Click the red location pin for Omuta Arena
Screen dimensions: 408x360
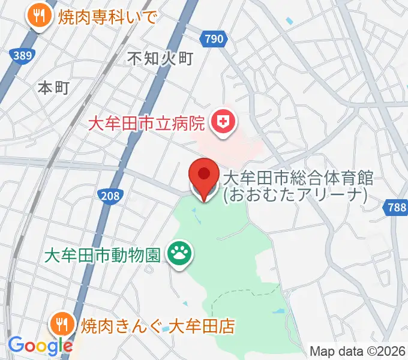(203, 175)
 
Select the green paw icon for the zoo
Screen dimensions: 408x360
(178, 254)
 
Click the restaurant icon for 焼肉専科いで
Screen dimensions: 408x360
(40, 16)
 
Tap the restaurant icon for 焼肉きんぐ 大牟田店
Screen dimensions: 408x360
(61, 325)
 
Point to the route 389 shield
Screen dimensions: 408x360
(22, 55)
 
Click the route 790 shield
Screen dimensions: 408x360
(215, 39)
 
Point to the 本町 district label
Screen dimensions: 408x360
(54, 88)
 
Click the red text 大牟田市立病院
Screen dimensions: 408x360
(147, 124)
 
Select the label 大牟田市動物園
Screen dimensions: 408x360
(103, 255)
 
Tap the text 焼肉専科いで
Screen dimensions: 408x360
(107, 16)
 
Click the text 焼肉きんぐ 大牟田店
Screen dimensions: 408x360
(150, 326)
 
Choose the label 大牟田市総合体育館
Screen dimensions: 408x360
(298, 178)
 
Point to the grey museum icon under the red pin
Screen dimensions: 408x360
(203, 191)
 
